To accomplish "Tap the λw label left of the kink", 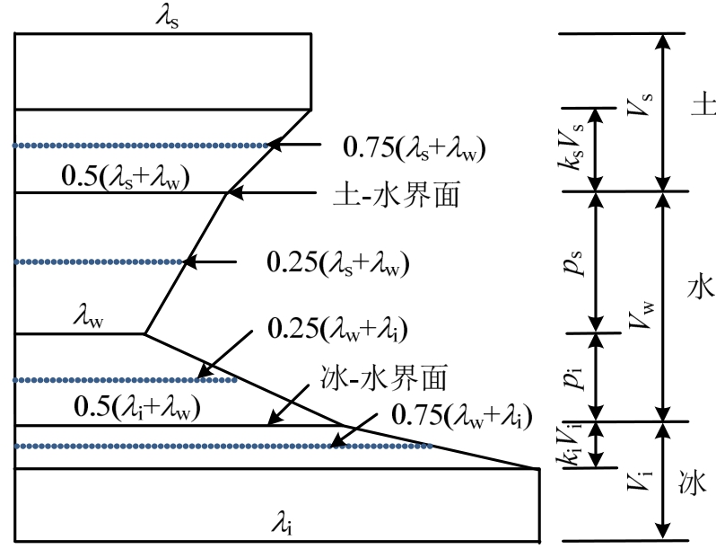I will tap(95, 315).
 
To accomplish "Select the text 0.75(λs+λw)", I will tap(415, 146).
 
